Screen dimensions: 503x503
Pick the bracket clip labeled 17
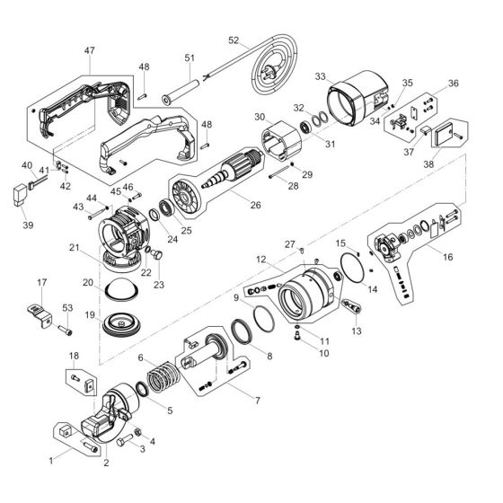(x=36, y=310)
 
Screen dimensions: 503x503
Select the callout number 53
(x=66, y=309)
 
